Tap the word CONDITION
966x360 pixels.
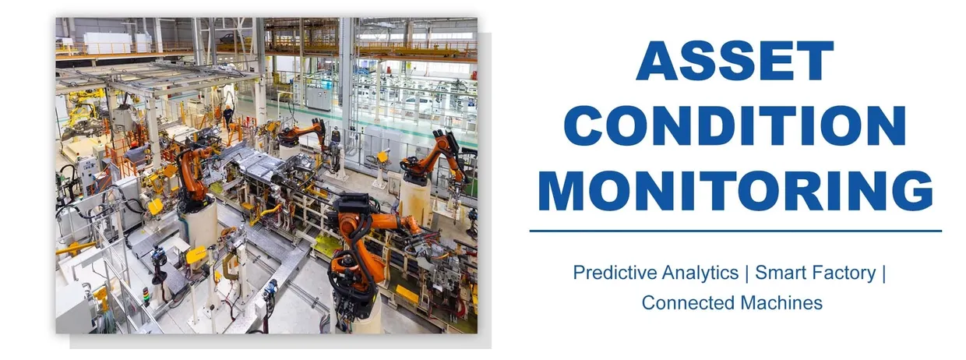pos(735,126)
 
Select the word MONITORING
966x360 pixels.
pos(735,190)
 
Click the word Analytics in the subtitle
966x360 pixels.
pos(696,274)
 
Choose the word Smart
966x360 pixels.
pos(782,274)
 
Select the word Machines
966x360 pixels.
pos(782,302)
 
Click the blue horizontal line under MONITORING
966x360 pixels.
pos(735,231)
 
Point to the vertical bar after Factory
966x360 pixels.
pos(886,274)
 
